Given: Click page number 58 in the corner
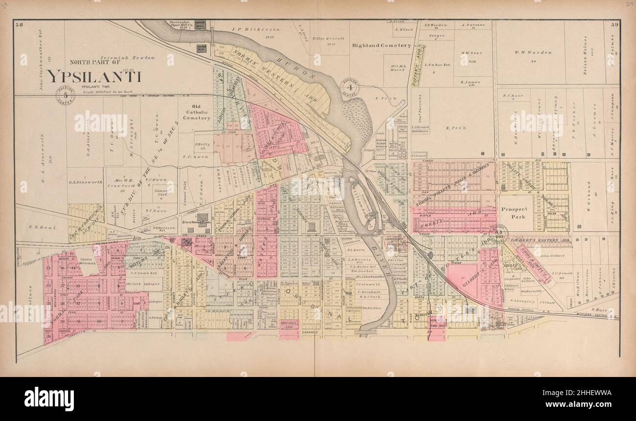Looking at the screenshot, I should (20, 24).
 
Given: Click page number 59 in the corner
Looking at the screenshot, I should (614, 24).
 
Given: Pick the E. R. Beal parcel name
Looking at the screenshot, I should (37, 226).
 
